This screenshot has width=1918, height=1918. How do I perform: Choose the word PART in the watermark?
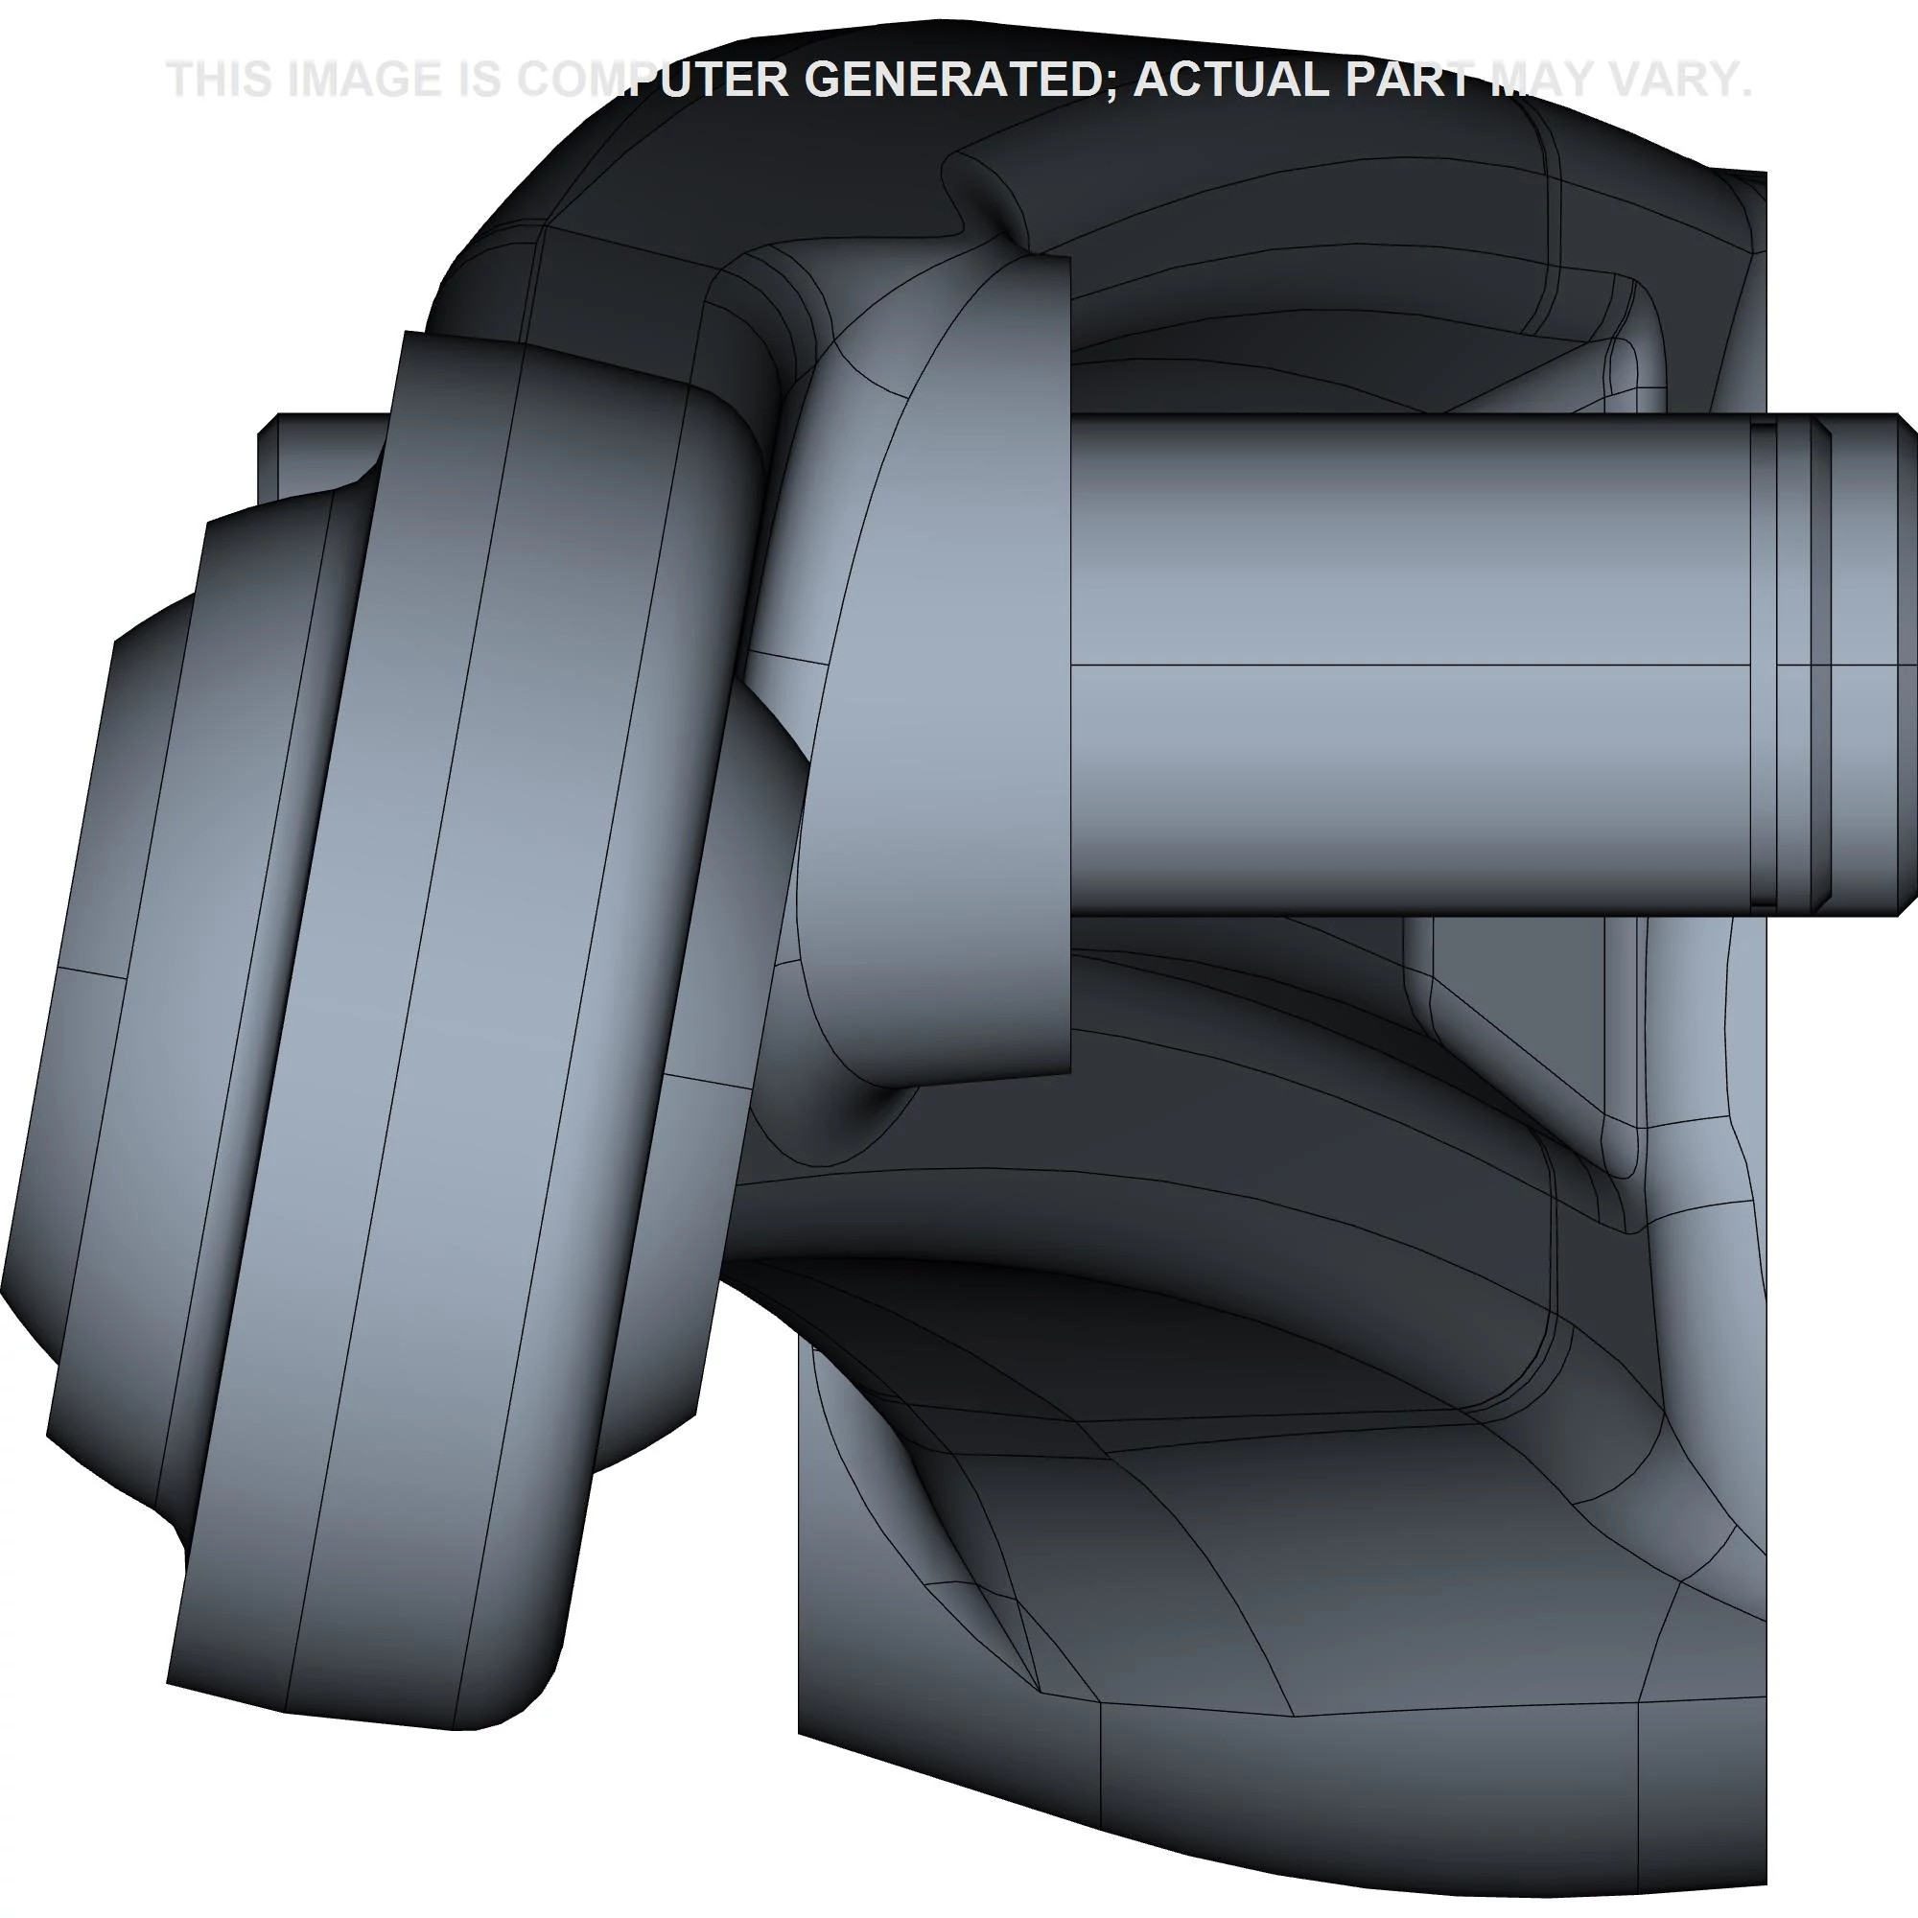pos(1412,80)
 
